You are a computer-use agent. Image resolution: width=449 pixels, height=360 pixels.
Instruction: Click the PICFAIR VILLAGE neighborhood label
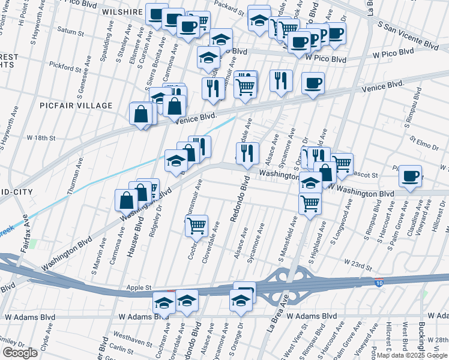pos(76,106)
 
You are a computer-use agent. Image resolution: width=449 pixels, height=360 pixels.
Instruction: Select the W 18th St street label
pos(41,138)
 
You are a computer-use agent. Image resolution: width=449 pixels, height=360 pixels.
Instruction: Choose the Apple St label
pos(138,288)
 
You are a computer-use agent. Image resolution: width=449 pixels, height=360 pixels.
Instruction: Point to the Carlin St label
pos(122,350)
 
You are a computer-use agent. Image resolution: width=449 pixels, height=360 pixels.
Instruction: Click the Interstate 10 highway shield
pos(379,282)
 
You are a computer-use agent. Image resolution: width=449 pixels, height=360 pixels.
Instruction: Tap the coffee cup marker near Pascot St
pos(411,176)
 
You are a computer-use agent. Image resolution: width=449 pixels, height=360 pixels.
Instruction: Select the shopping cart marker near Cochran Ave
pos(196,226)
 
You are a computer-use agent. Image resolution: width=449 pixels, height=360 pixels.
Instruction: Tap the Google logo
pos(20,353)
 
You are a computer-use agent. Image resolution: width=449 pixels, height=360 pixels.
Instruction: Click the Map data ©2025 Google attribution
pos(412,355)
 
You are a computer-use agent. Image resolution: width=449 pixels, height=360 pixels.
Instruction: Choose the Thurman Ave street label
pos(76,175)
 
